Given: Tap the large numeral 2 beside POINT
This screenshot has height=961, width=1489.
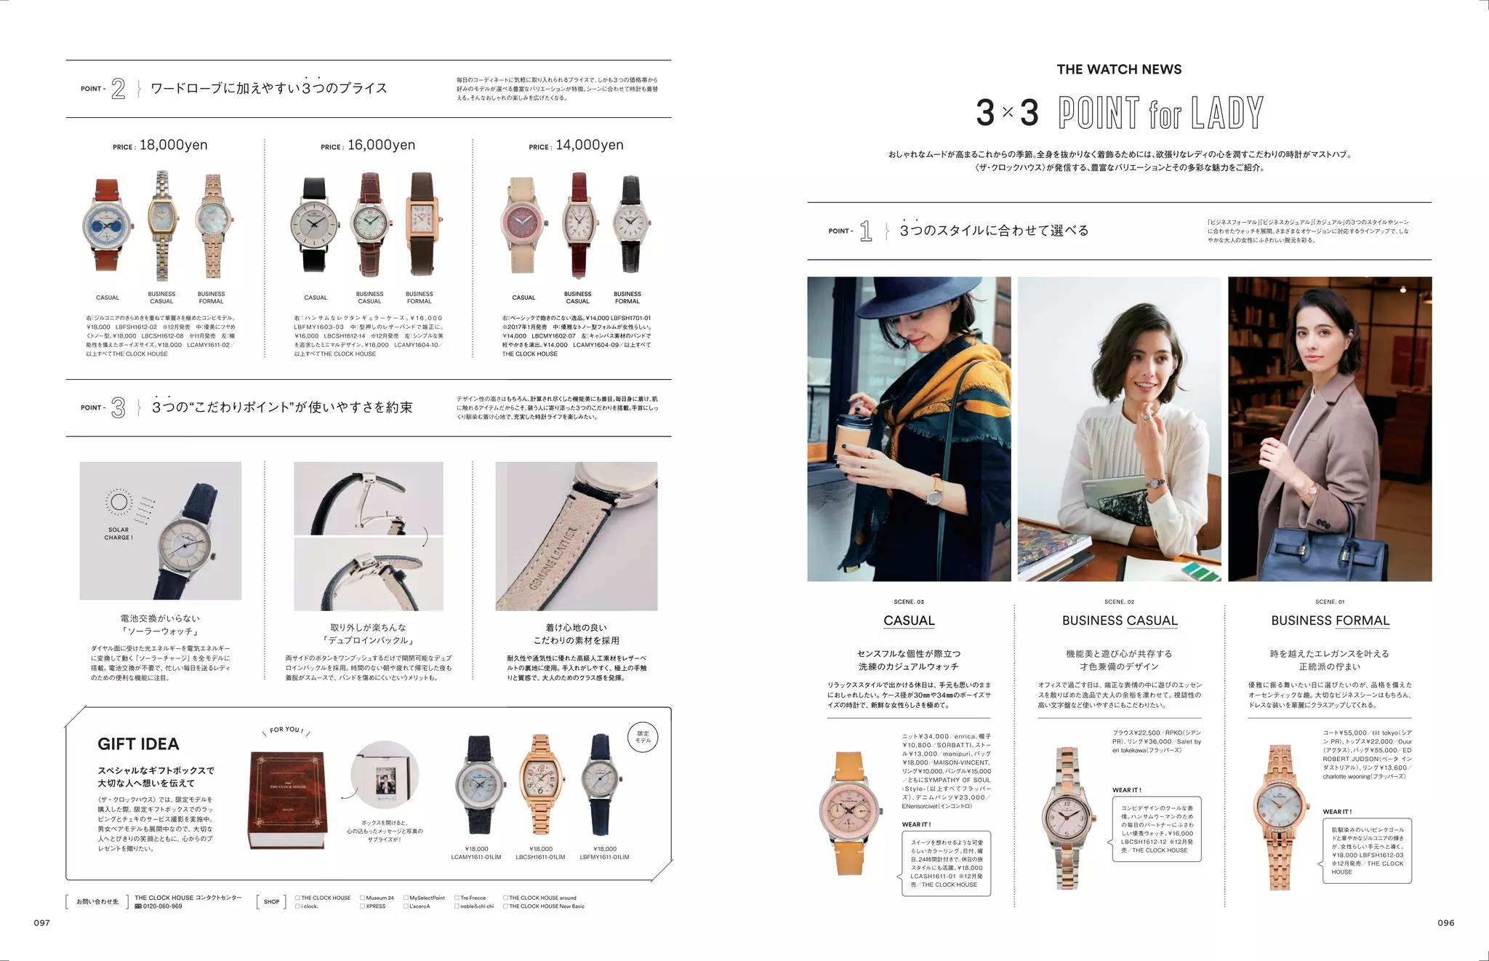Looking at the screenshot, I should [119, 89].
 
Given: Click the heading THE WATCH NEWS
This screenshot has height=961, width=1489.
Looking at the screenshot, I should [1119, 70].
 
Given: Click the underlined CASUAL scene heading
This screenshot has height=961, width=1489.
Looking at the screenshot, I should [909, 621].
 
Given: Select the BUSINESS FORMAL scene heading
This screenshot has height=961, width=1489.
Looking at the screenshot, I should [1330, 621].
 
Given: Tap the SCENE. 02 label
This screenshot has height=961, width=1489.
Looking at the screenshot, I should [1119, 602].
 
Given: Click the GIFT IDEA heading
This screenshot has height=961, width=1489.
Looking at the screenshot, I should [138, 743].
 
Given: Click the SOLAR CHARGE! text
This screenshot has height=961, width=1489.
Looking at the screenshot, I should [119, 534].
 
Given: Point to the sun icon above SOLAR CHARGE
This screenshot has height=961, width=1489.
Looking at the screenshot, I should [119, 502].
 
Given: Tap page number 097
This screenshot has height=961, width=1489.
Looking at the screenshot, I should [42, 922].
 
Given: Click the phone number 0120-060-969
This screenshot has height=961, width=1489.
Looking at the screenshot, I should [162, 906].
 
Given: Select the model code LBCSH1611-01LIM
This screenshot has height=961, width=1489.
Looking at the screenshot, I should [541, 857].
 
